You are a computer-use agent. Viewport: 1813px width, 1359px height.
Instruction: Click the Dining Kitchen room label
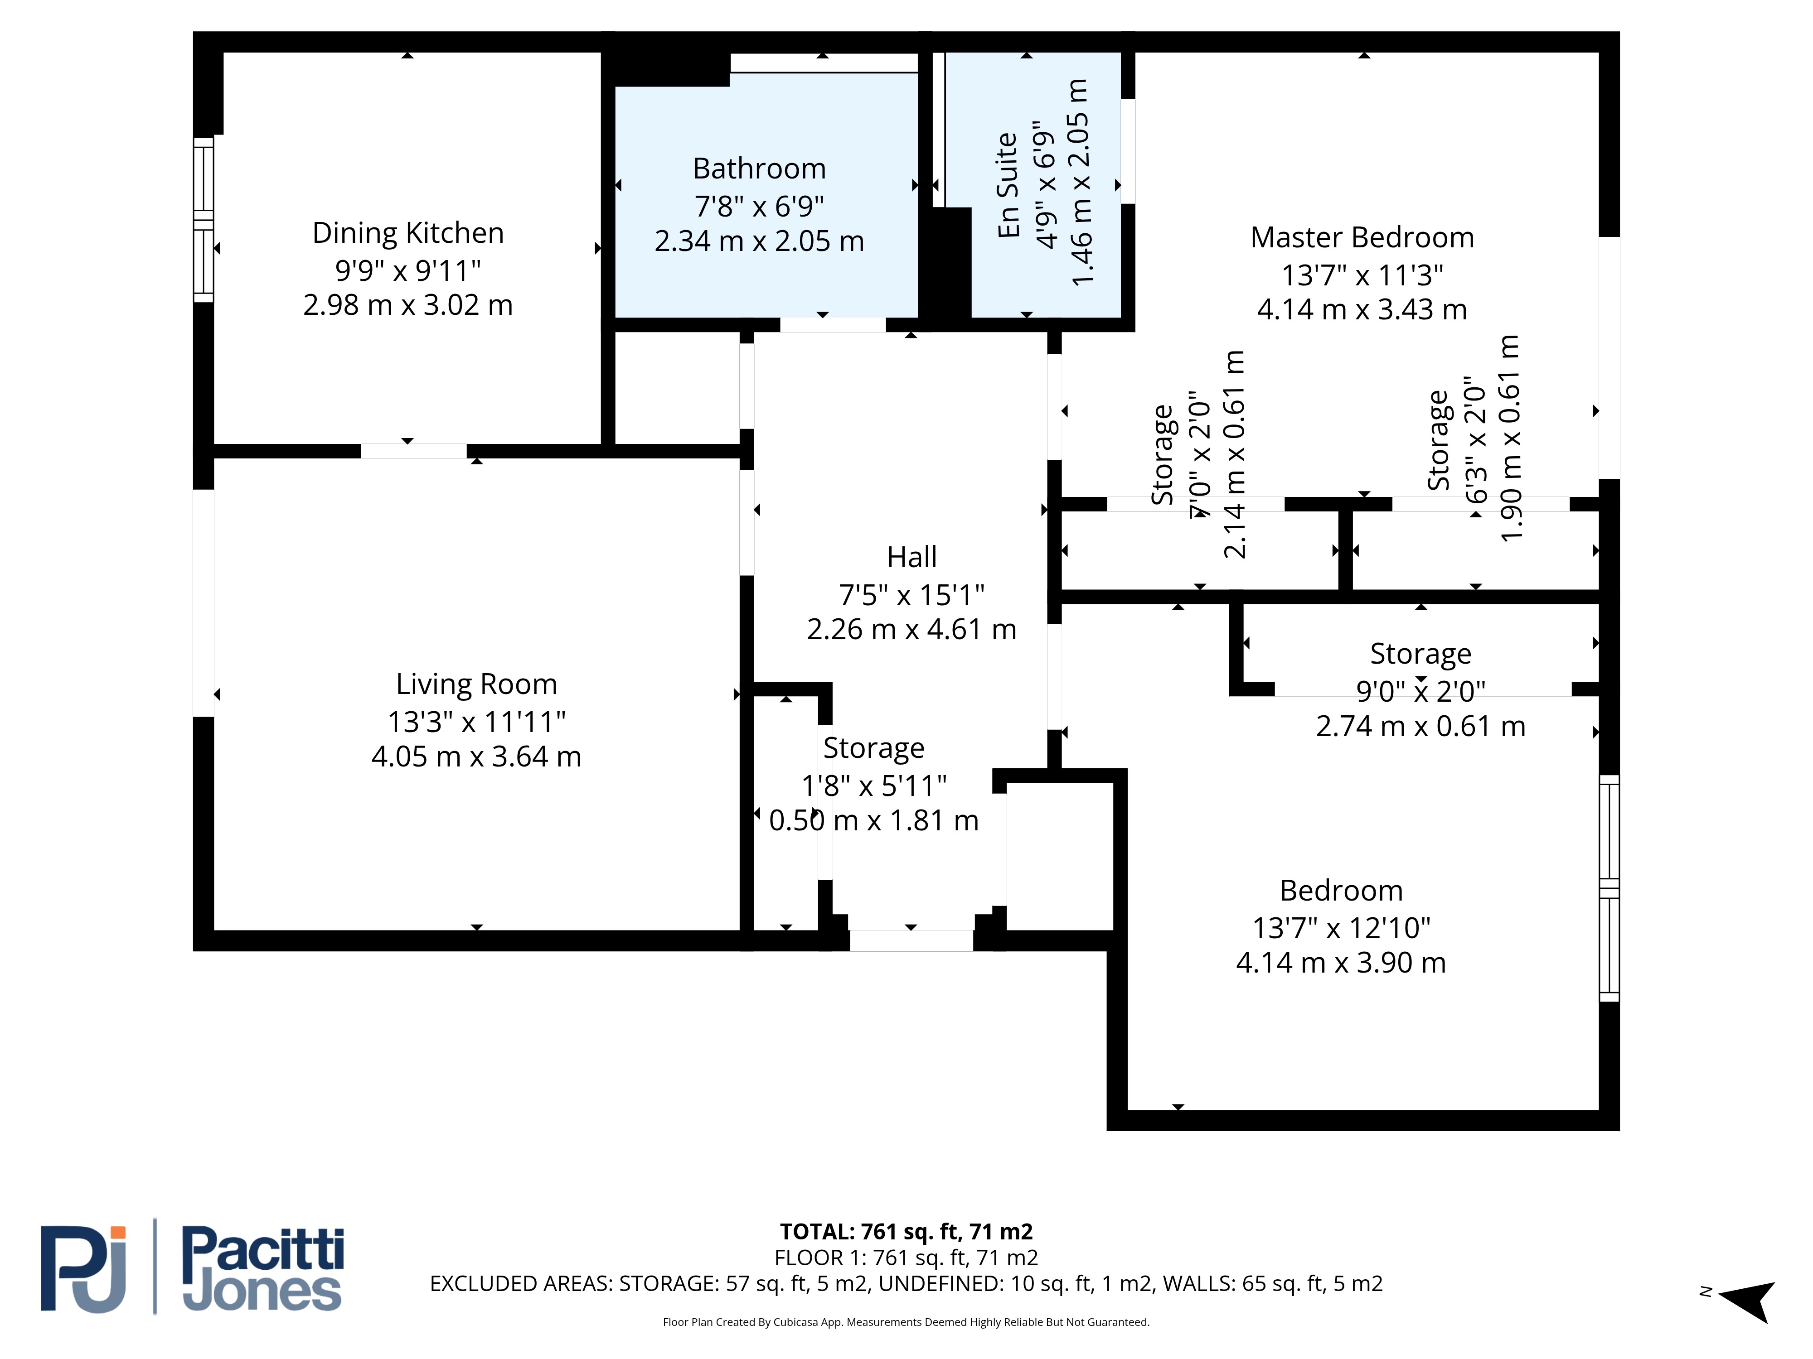tap(408, 233)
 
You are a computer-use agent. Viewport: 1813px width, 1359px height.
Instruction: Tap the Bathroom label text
tap(759, 169)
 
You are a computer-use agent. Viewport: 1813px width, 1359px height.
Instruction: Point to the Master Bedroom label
tap(1362, 237)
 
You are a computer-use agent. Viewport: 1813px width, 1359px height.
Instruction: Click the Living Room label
tap(476, 684)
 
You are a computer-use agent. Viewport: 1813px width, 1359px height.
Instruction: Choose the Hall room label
tap(911, 557)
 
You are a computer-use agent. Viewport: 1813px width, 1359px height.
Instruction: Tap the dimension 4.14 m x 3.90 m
tap(1341, 963)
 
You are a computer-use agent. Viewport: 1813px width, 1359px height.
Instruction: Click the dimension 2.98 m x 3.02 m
tap(408, 305)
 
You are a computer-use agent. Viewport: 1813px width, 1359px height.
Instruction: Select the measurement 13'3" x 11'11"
tap(476, 722)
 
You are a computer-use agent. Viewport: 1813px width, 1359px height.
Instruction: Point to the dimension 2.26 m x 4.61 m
tap(911, 629)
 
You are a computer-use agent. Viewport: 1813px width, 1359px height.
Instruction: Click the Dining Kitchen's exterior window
tap(203, 220)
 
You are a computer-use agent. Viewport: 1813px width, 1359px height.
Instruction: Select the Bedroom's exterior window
tap(1610, 888)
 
